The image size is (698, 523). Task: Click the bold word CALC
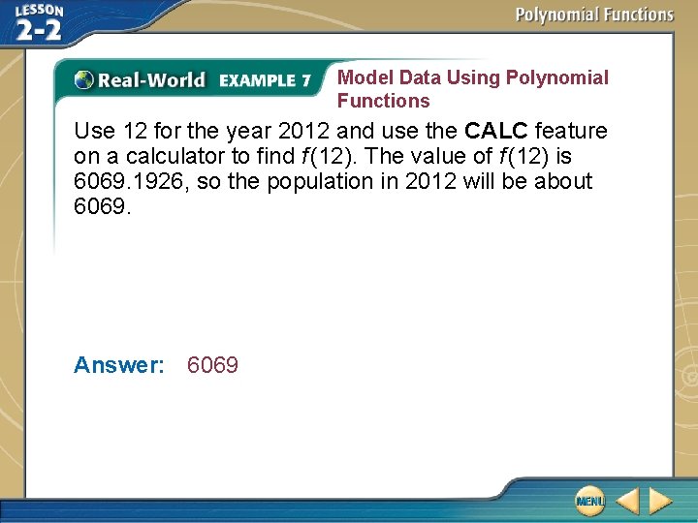click(496, 131)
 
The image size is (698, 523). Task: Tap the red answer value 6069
click(212, 365)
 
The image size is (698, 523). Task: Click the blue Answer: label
click(119, 365)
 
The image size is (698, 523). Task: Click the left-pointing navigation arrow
click(627, 501)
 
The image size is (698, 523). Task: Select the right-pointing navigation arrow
click(660, 501)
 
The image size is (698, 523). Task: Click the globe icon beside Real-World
click(84, 80)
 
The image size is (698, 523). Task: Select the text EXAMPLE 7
click(265, 80)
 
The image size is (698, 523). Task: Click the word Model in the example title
click(362, 77)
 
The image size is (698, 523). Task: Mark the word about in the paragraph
click(563, 181)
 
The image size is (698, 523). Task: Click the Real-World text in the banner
click(151, 80)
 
